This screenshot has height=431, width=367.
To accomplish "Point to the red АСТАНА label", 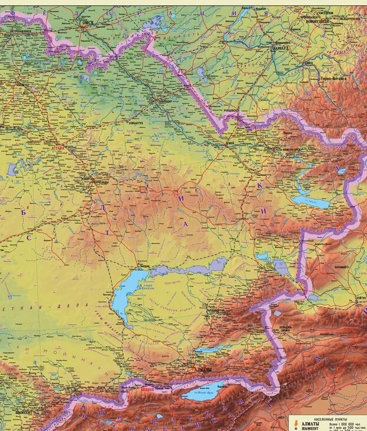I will pyautogui.click(x=57, y=147).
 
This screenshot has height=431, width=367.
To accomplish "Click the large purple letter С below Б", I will pyautogui.click(x=28, y=237).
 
